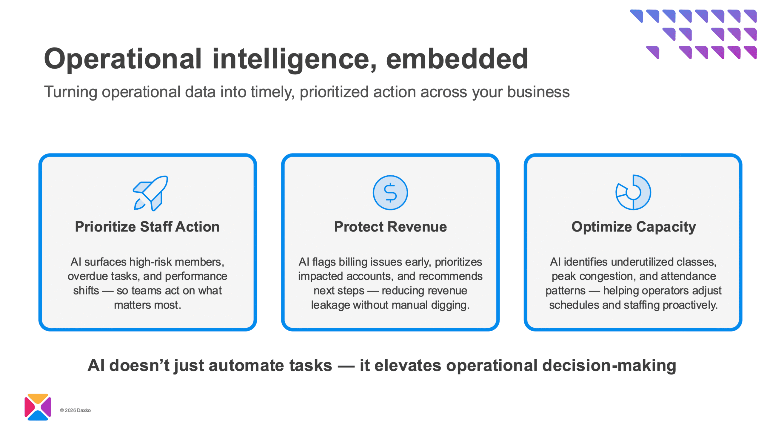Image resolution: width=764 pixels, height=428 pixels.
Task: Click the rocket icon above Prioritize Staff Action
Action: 150,193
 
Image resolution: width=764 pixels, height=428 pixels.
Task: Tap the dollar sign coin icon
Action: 390,193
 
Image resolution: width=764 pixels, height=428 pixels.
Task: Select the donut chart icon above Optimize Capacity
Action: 633,192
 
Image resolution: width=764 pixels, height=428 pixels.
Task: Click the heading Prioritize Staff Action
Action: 147,227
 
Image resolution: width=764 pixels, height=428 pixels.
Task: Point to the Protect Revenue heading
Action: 390,227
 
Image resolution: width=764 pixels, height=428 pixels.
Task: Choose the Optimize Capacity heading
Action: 633,227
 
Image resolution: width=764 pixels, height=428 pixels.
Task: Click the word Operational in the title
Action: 123,59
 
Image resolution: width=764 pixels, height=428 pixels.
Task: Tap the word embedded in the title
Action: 457,59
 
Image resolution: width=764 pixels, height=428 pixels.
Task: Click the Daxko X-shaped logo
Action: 38,407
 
